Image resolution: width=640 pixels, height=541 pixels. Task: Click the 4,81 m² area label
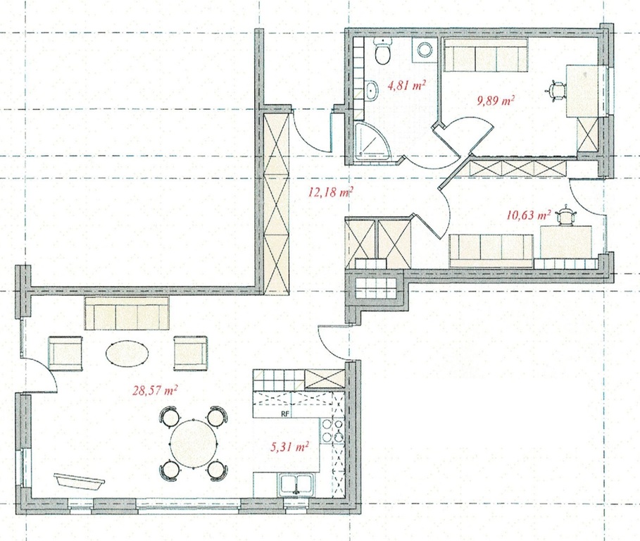click(x=406, y=85)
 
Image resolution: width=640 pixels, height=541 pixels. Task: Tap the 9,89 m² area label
click(x=496, y=100)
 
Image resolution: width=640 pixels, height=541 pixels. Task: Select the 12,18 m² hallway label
click(x=330, y=192)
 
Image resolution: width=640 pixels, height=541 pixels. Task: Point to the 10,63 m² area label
click(x=529, y=214)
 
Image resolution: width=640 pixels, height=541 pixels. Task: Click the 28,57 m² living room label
click(x=155, y=390)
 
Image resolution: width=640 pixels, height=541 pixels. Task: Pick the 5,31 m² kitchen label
click(x=289, y=447)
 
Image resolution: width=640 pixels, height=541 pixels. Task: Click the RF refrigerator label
click(x=285, y=413)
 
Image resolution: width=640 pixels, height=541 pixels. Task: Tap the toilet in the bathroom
click(x=383, y=51)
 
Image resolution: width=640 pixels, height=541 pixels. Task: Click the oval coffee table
click(x=127, y=354)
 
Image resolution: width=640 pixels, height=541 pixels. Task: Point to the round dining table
click(x=194, y=443)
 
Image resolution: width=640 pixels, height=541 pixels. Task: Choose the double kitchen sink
click(x=297, y=485)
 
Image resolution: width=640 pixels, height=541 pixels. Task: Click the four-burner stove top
click(x=332, y=431)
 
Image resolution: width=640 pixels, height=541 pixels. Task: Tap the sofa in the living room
click(x=127, y=313)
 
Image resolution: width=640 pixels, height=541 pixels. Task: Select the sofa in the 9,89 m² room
click(x=485, y=55)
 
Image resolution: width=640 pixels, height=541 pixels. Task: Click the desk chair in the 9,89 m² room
click(x=556, y=91)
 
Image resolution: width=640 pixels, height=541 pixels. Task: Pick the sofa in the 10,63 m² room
click(x=491, y=251)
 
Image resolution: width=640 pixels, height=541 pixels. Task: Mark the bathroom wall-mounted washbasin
click(x=372, y=90)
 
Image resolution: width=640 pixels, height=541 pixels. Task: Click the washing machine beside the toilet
click(x=425, y=50)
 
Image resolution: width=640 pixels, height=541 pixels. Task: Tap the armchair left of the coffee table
click(x=65, y=353)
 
